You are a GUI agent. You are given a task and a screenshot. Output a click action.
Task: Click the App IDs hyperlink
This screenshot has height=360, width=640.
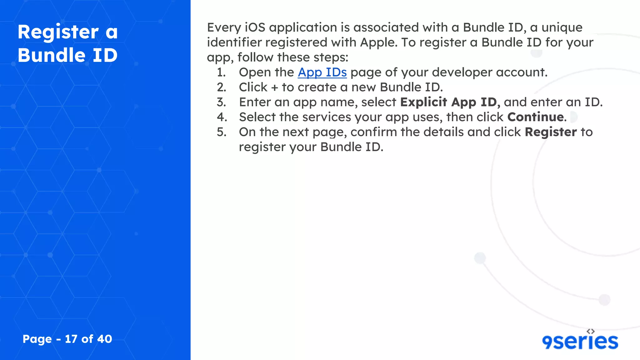[322, 72]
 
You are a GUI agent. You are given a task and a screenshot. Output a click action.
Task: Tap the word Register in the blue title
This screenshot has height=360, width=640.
[58, 32]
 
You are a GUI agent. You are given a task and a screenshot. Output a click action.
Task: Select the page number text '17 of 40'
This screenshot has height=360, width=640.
[88, 339]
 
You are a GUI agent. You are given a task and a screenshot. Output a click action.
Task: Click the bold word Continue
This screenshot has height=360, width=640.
[535, 117]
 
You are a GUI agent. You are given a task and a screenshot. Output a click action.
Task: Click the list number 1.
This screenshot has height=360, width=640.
[221, 72]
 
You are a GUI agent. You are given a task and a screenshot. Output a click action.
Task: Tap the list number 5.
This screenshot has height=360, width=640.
[221, 132]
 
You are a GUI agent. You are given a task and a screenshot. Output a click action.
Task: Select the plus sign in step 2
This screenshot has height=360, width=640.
[275, 88]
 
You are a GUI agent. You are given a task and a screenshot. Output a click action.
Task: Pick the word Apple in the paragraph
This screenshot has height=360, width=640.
[378, 42]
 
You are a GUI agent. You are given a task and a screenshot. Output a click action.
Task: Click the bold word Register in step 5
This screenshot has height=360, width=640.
[551, 132]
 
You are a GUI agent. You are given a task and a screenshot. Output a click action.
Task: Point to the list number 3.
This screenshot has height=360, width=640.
[221, 102]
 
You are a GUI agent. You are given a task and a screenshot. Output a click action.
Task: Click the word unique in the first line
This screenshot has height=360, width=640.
[562, 27]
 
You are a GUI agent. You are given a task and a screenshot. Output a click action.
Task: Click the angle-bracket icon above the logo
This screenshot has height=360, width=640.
[591, 331]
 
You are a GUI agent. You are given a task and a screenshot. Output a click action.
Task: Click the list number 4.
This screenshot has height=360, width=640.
[221, 117]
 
